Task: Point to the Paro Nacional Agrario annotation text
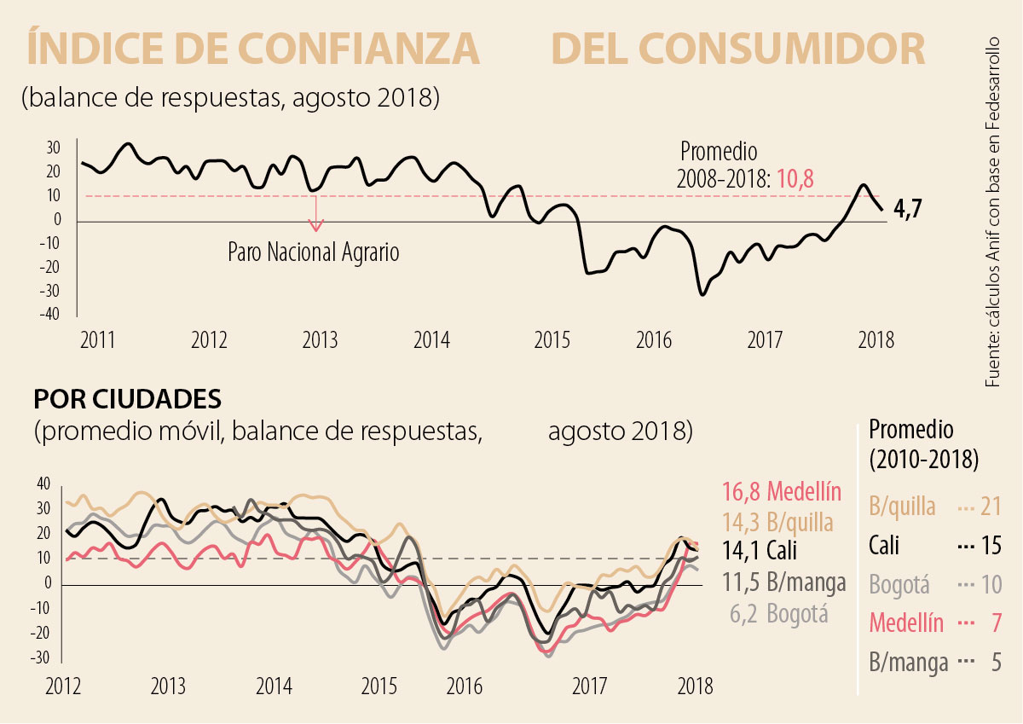pos(313,252)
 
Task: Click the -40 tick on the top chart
pos(49,315)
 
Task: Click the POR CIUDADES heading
pos(127,399)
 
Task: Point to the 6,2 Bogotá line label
pos(779,613)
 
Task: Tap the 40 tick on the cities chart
pos(43,484)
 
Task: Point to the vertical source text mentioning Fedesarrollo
pos(994,213)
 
